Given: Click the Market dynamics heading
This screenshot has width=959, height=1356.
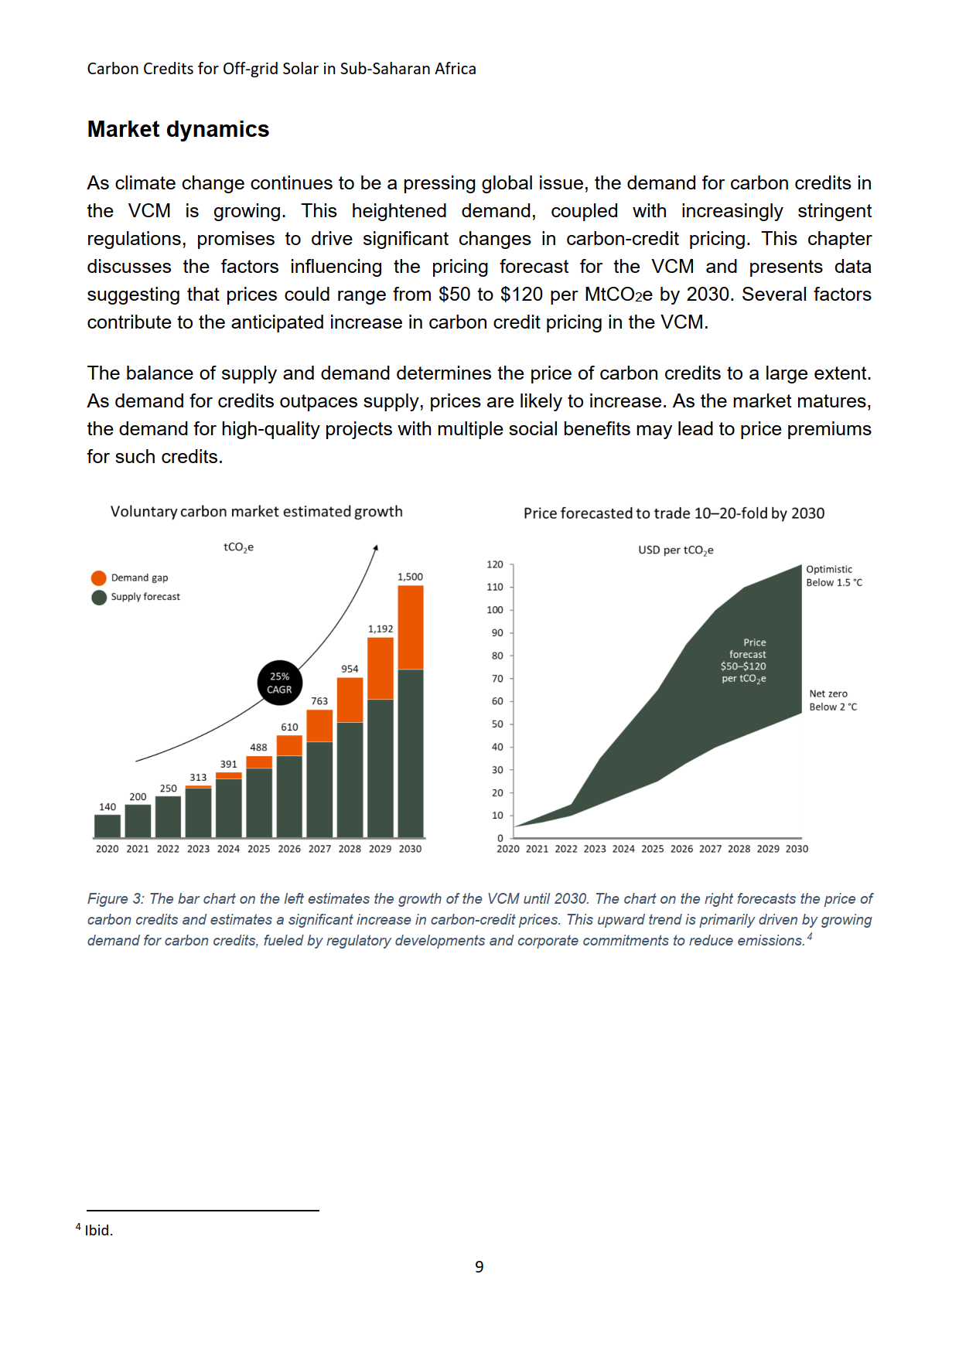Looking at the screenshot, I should (x=178, y=129).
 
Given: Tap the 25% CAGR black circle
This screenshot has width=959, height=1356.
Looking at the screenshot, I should (x=280, y=683).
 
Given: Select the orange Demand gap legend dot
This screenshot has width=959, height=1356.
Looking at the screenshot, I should (x=98, y=578).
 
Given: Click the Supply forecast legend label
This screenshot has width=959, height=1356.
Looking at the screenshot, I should (x=145, y=597).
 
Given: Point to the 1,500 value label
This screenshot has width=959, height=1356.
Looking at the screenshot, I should (x=410, y=577).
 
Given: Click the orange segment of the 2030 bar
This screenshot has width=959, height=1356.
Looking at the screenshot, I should (x=411, y=627).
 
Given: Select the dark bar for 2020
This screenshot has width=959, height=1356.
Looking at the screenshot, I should (x=108, y=826).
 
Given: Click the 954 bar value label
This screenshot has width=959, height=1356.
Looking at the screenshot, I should (x=350, y=669).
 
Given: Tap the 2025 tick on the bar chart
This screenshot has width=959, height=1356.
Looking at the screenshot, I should (x=259, y=849).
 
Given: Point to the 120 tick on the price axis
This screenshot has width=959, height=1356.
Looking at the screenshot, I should (x=495, y=564).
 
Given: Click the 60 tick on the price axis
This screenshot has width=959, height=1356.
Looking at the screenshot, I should (x=497, y=701).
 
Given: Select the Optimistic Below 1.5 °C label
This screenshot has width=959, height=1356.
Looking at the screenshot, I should (x=834, y=576).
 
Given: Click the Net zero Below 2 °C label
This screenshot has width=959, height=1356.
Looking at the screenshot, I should (x=833, y=700).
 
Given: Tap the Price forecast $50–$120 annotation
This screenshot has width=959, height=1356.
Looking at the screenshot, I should (x=744, y=660).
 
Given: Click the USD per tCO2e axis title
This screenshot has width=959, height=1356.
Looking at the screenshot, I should (x=675, y=550).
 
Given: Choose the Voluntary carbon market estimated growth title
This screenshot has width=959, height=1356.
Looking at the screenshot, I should (x=256, y=512).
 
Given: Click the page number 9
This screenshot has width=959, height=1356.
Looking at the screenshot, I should (x=479, y=1266).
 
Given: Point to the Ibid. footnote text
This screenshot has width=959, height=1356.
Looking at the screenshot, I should (x=99, y=1230).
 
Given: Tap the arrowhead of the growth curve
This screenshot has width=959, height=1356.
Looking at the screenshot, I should (x=375, y=548).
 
